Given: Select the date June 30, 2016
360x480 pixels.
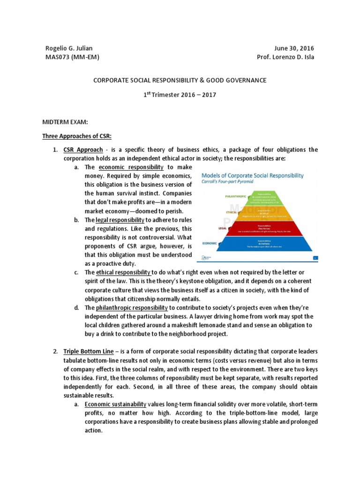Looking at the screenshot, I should click(x=294, y=48).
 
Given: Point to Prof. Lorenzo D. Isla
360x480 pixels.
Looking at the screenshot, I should click(x=285, y=57).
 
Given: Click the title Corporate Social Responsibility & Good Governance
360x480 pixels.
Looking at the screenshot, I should click(x=180, y=80).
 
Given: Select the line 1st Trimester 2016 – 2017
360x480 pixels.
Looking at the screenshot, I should click(x=180, y=94).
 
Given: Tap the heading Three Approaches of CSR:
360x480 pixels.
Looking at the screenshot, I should click(x=77, y=136).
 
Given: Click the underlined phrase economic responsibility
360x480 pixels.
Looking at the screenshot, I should click(x=131, y=167).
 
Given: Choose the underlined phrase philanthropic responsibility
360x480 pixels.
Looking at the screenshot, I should click(x=132, y=307).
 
